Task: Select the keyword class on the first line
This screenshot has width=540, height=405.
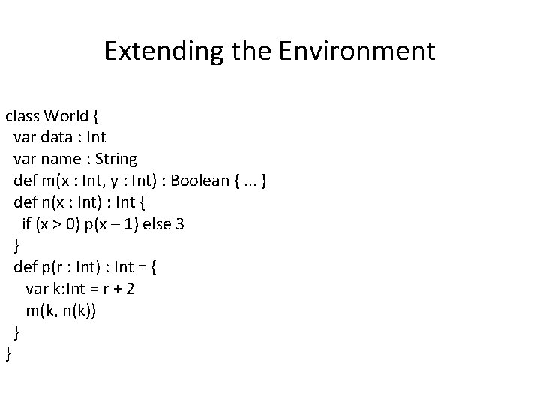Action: click(x=22, y=116)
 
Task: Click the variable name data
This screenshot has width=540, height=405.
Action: click(x=59, y=137)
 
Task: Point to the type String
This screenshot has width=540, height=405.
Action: click(x=115, y=159)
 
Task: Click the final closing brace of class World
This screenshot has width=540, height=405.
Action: click(x=8, y=353)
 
